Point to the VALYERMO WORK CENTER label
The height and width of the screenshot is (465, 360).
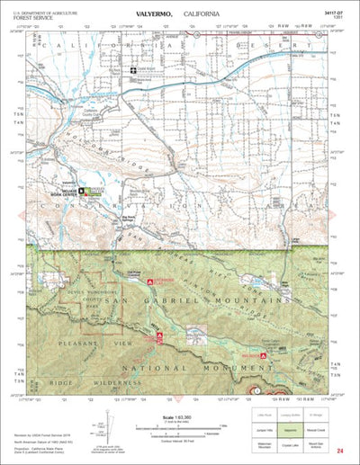coord(99,192)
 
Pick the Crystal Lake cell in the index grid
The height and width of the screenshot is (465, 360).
coord(294,444)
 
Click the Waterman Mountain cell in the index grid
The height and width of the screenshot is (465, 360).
coord(263,444)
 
